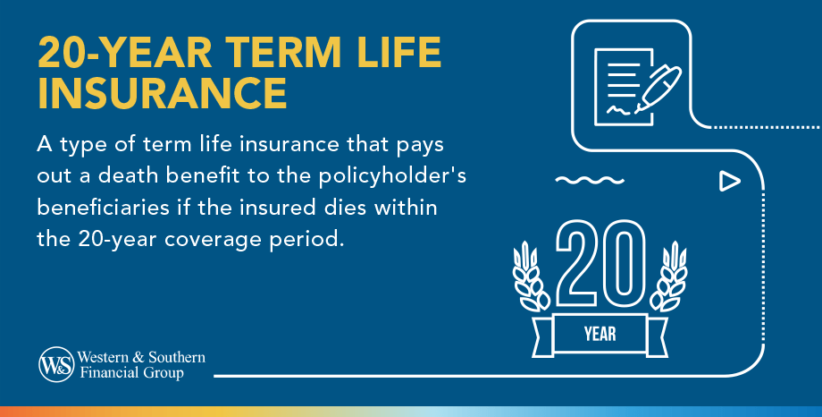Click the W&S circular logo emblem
point(55,363)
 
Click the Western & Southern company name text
point(136,357)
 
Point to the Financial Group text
point(132,373)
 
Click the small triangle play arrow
point(729,182)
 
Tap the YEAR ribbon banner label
point(600,336)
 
